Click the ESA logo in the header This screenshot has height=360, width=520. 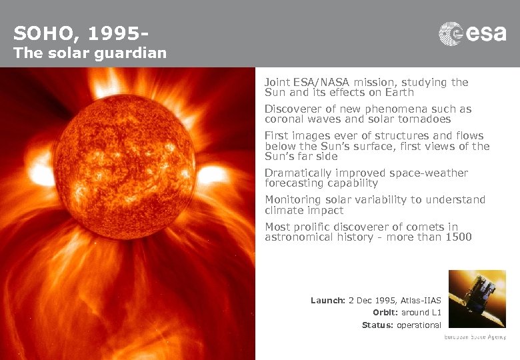(x=472, y=33)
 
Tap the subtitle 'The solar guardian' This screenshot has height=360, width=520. (x=90, y=53)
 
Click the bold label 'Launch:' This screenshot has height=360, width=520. (x=328, y=301)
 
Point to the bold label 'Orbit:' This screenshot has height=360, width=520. (x=385, y=313)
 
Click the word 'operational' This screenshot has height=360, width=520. (x=420, y=325)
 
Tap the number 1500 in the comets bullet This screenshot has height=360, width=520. (x=459, y=237)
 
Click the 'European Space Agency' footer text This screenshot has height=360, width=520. (x=475, y=338)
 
